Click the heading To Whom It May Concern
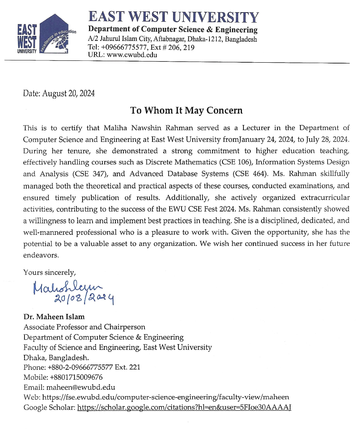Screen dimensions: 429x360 point(186,110)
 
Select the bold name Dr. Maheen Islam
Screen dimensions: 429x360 point(54,317)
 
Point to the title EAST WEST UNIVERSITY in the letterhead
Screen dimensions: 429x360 point(174,17)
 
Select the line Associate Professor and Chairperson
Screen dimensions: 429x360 point(84,327)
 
